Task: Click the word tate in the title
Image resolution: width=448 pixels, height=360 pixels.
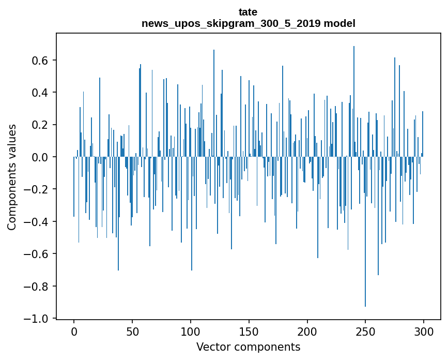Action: click(248, 12)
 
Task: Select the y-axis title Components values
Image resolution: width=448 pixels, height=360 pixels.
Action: click(12, 177)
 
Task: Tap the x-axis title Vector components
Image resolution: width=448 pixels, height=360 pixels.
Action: click(248, 347)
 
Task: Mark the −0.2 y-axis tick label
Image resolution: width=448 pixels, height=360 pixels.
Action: click(37, 189)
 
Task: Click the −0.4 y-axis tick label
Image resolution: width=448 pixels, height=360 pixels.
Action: click(37, 222)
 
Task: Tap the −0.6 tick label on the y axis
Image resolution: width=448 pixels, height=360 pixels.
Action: click(37, 254)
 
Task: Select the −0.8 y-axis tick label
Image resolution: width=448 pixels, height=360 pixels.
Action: click(37, 286)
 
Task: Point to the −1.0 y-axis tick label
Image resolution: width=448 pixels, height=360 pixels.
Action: click(37, 319)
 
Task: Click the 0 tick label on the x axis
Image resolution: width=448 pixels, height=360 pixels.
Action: click(74, 331)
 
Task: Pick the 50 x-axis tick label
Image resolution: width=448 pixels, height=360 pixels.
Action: click(132, 331)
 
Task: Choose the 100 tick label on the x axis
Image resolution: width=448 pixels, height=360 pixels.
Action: click(191, 331)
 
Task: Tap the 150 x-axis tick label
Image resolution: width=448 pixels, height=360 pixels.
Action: click(249, 331)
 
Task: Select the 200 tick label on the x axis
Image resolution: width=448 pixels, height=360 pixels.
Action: click(307, 331)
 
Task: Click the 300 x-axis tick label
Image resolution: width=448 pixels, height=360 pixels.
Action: click(424, 331)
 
